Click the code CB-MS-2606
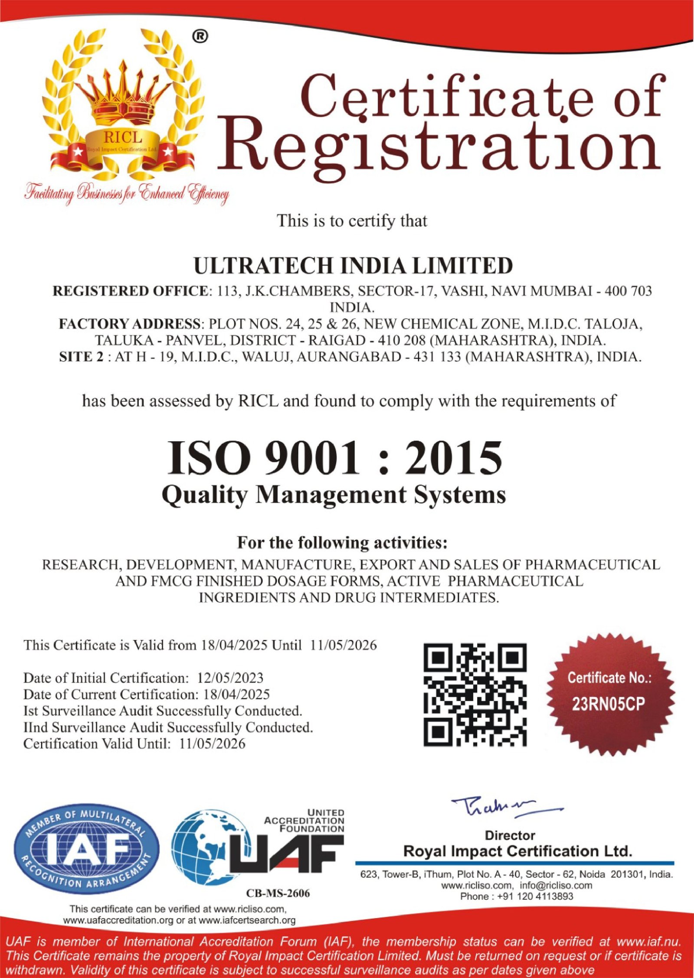tap(278, 893)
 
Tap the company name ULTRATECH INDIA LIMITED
tap(353, 266)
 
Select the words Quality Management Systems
tap(334, 495)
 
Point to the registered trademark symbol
tap(200, 37)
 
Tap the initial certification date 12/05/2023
tap(230, 678)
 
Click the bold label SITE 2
tap(81, 357)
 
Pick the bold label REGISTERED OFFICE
tap(130, 291)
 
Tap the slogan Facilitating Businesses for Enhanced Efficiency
tap(126, 194)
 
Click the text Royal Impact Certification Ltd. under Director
tap(517, 851)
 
